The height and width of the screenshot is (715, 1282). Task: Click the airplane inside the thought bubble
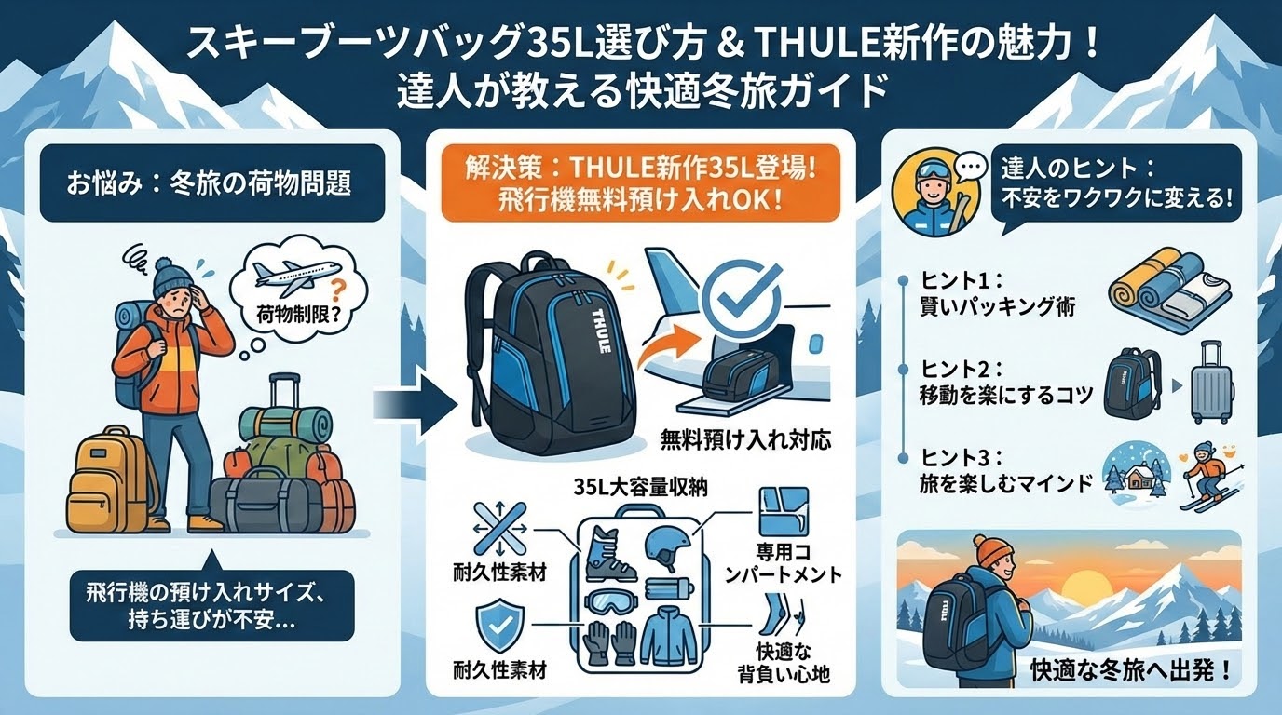click(297, 277)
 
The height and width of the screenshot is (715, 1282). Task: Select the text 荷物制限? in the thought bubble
click(298, 315)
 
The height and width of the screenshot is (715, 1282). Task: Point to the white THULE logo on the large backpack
click(600, 331)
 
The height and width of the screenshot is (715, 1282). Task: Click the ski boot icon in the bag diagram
click(609, 554)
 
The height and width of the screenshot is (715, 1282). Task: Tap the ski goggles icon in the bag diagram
click(611, 601)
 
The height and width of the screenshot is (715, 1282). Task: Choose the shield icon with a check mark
click(499, 626)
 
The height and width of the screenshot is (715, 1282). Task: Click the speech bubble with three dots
click(971, 167)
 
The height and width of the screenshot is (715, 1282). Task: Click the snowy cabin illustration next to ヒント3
click(1136, 477)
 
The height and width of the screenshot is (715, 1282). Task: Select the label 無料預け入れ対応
click(745, 441)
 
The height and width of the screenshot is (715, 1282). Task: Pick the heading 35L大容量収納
click(640, 488)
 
